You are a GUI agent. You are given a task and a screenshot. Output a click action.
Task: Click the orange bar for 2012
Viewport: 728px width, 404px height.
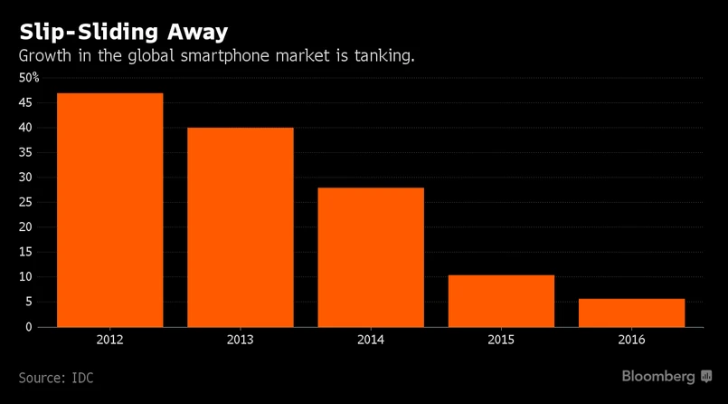tap(110, 209)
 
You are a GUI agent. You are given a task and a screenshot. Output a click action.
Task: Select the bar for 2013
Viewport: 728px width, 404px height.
tap(241, 226)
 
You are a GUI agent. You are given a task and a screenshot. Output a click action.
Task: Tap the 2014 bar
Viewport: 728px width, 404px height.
tap(371, 256)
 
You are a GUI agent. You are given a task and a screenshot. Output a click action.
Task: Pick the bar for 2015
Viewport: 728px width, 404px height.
tap(501, 300)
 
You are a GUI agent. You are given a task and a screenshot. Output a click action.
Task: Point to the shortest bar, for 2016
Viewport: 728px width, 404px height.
tap(631, 312)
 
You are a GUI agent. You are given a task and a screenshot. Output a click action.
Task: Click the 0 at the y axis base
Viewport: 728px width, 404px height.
tap(29, 326)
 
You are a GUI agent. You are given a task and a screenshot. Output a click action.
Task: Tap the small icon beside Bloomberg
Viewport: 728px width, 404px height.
tap(706, 375)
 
